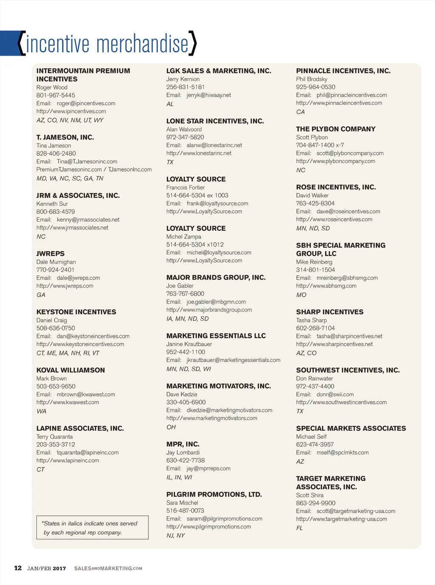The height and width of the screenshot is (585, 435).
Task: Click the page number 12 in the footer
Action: pos(18,568)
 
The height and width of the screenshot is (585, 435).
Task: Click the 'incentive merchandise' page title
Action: pos(107,44)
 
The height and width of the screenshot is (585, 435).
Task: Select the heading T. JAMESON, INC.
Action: pos(65,137)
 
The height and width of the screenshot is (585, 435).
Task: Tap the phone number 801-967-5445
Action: pos(56,95)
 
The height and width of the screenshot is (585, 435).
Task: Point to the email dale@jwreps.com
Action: pos(78,278)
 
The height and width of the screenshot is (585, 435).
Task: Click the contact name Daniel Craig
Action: pos(51,320)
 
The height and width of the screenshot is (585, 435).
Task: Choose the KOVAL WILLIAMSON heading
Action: pos(71,370)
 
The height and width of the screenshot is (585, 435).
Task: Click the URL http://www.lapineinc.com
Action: pos(68,460)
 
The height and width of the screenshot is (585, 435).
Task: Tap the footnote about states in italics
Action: pos(90,528)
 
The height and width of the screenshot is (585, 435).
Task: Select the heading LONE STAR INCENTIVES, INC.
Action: pos(215,121)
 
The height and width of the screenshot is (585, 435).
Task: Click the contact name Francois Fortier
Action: pos(185,187)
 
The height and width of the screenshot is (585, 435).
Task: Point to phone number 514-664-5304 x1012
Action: pos(195,244)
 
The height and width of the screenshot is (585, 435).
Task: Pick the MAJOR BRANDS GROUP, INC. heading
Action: pos(216,278)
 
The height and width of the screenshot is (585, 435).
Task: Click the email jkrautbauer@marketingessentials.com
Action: pos(233,360)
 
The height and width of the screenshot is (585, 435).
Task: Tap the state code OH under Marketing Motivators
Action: pos(171,427)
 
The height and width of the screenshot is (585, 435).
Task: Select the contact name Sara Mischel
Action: pos(182,503)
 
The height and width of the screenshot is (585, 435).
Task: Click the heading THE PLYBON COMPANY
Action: pos(336,129)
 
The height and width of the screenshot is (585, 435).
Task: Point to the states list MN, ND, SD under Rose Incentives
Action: pos(313,228)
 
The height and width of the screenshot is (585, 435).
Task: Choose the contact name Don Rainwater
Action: pos(314,378)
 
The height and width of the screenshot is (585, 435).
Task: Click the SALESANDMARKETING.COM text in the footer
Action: pos(108,568)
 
